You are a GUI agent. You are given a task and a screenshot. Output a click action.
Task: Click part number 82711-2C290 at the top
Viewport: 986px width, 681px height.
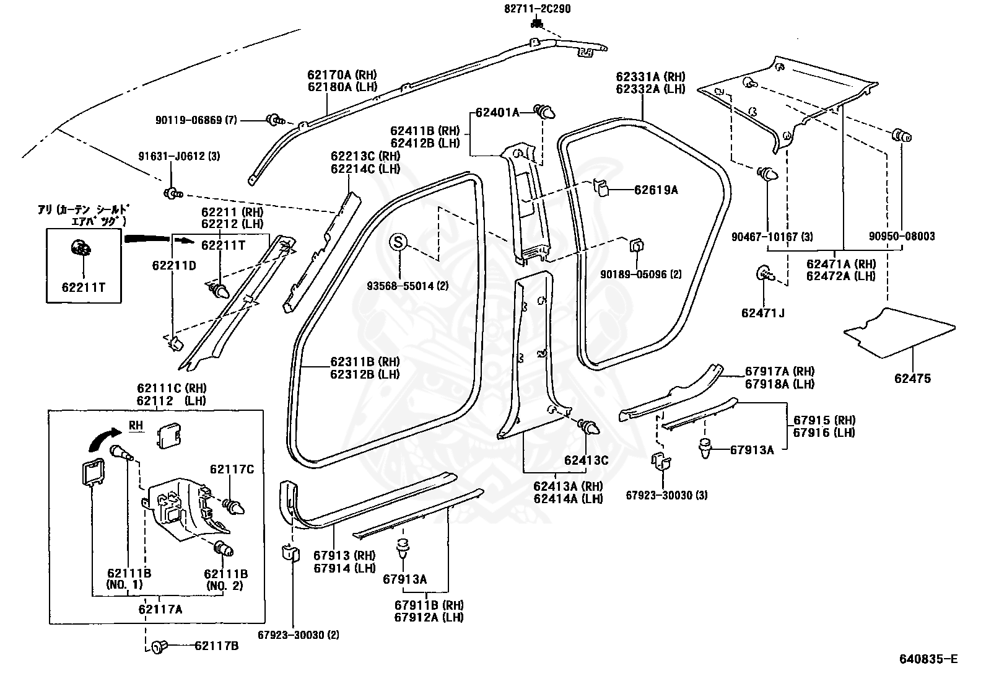point(537,9)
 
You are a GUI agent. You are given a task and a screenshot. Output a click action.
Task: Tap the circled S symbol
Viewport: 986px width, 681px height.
point(398,242)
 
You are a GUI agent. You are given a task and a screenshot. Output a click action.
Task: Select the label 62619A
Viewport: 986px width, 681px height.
point(656,190)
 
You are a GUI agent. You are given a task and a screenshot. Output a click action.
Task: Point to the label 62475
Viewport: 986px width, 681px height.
point(912,379)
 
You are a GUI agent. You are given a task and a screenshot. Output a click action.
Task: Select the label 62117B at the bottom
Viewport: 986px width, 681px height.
point(217,646)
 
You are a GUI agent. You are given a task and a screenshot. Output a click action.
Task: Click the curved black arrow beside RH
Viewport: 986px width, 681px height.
point(105,439)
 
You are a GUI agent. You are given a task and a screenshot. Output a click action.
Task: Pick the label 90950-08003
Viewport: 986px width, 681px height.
point(902,236)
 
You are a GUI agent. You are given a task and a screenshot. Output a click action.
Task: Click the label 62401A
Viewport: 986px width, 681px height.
point(497,113)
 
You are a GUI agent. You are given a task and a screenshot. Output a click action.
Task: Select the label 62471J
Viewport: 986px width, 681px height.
point(763,313)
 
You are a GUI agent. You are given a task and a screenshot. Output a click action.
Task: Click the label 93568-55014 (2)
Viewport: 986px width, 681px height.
point(408,286)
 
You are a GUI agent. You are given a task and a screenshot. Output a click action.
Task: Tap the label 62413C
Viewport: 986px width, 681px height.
point(587,460)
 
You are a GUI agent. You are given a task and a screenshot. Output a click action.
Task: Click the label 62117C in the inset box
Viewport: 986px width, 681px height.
point(232,469)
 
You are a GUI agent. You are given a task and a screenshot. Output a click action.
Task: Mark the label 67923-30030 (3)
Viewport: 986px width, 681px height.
point(666,495)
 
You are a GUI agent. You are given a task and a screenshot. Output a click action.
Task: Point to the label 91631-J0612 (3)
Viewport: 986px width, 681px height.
point(179,156)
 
